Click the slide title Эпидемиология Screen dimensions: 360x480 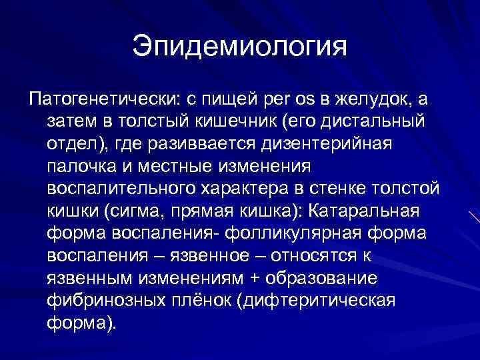tap(240, 47)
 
